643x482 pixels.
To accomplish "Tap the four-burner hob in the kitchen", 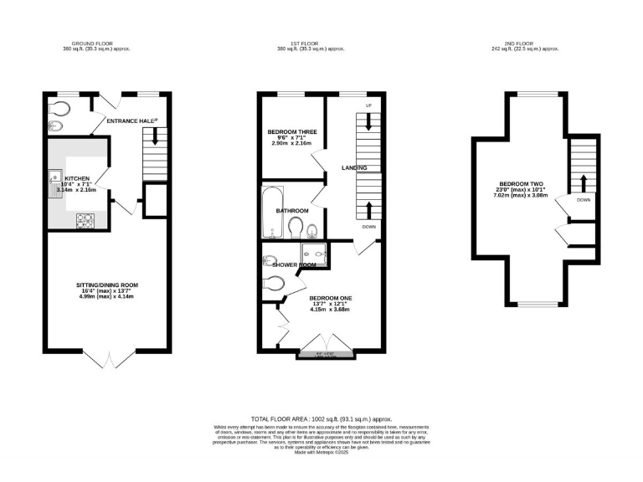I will point(85,220).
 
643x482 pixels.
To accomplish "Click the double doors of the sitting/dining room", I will point(108,358).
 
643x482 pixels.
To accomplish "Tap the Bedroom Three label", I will point(291,132).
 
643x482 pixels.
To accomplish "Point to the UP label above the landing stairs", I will point(368,105).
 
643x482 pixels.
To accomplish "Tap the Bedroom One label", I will point(331,298).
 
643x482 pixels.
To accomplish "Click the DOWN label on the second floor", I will point(583,201).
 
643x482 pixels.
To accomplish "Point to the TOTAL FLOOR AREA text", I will point(321,418).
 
